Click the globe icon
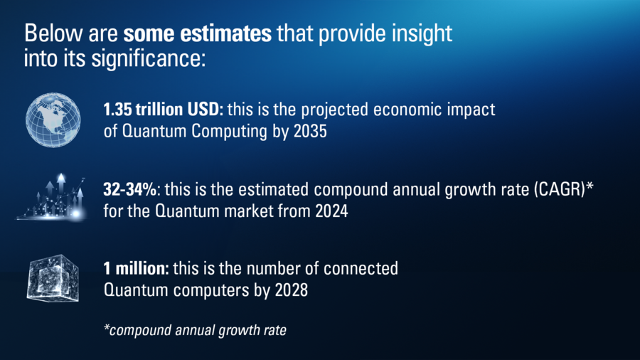point(53,120)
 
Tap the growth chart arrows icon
point(51,197)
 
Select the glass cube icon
point(53,278)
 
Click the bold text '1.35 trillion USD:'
point(164,110)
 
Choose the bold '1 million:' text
point(136,268)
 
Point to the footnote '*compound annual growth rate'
point(195,330)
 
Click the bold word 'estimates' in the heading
point(225,33)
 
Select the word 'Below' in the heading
point(53,33)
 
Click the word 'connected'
point(361,268)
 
